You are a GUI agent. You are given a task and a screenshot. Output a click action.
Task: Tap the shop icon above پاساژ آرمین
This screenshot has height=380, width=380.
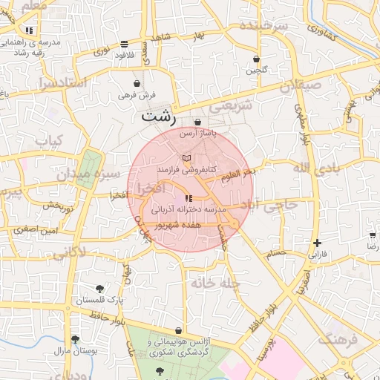click(x=197, y=122)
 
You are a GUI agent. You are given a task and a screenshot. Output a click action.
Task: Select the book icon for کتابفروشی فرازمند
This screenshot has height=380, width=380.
click(x=186, y=159)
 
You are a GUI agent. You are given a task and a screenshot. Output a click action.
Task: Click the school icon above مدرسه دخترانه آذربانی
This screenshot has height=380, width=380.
click(x=188, y=198)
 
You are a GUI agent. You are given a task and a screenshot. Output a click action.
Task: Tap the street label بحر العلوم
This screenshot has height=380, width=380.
click(x=237, y=172)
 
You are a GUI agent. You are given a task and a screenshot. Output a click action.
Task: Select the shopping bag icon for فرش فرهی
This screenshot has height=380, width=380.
click(x=137, y=83)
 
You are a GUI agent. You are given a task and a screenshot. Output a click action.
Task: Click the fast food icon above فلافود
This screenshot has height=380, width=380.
click(x=123, y=44)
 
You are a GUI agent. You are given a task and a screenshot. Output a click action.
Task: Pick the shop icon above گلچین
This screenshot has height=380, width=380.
click(x=256, y=59)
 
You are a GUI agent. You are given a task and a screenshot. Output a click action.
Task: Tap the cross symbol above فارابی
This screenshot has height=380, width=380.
click(x=318, y=243)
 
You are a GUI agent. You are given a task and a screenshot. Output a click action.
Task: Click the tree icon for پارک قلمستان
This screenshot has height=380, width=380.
click(x=100, y=288)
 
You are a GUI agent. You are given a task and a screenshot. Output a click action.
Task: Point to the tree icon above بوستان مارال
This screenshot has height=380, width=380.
click(x=74, y=338)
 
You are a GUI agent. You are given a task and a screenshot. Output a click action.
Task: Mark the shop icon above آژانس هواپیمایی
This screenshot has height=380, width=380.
click(x=178, y=331)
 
